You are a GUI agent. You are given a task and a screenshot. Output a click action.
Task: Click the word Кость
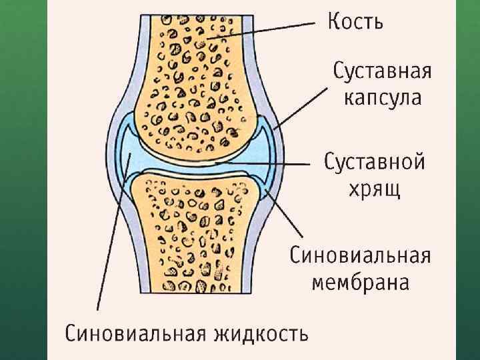coord(355,23)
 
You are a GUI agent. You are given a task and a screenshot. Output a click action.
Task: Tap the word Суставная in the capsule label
coord(383,71)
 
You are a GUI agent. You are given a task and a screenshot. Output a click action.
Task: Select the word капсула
coord(383,99)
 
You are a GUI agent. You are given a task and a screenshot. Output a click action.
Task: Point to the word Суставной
coord(375,162)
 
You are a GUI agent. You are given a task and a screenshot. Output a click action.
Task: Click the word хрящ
coord(375,190)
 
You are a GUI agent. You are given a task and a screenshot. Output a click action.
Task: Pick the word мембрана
coord(361,283)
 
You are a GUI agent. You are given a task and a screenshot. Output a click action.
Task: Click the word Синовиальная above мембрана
coord(361,255)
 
